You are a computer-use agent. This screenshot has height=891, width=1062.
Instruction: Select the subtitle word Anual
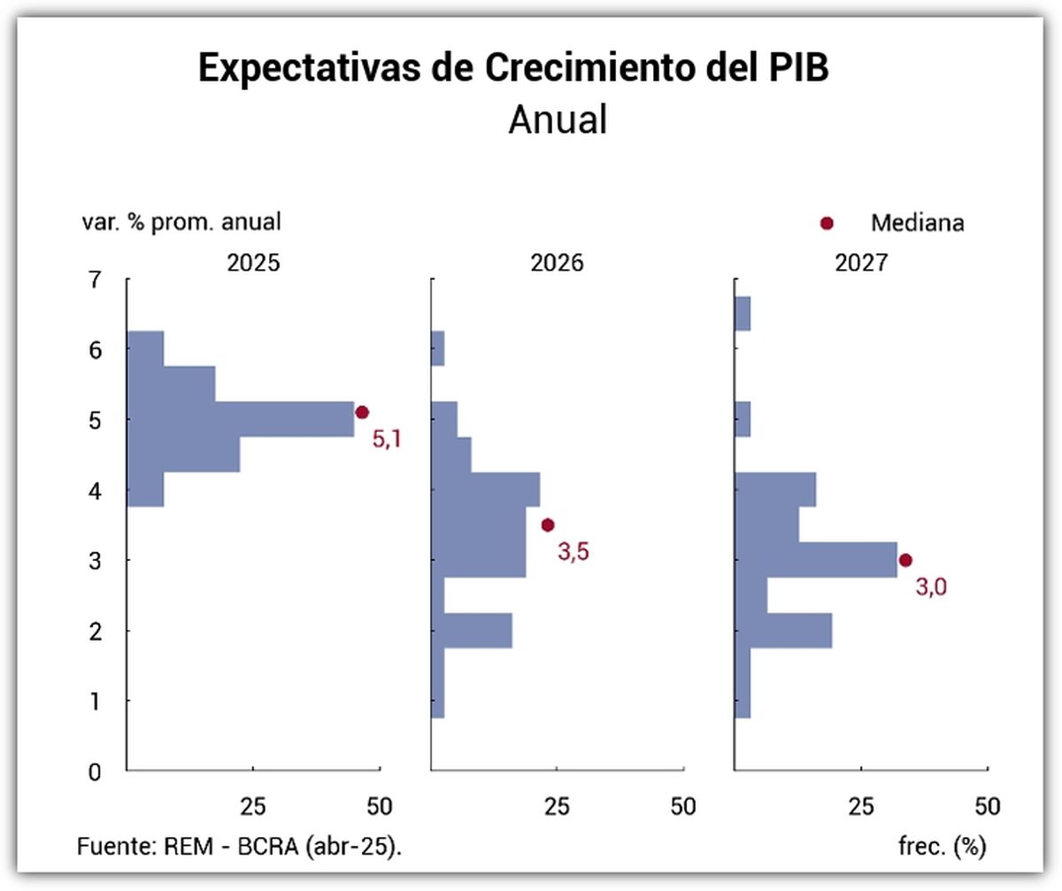pyautogui.click(x=558, y=119)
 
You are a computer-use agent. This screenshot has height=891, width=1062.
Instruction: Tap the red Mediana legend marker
pyautogui.click(x=827, y=223)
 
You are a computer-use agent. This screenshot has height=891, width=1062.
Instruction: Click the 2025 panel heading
pyautogui.click(x=254, y=264)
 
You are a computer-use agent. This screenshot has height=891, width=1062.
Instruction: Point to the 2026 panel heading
pyautogui.click(x=558, y=264)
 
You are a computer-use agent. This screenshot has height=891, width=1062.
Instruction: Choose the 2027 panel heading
pyautogui.click(x=861, y=264)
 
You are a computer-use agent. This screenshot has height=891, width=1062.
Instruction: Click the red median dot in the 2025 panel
pyautogui.click(x=361, y=412)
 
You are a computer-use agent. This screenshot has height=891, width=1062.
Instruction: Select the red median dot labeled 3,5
pyautogui.click(x=548, y=525)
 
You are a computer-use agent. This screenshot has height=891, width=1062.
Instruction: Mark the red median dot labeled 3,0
pyautogui.click(x=905, y=559)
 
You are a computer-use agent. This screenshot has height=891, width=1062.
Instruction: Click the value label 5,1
pyautogui.click(x=387, y=439)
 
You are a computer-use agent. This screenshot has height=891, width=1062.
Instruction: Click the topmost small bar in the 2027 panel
pyautogui.click(x=743, y=314)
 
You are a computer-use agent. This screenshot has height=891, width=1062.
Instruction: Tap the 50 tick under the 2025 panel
pyautogui.click(x=380, y=806)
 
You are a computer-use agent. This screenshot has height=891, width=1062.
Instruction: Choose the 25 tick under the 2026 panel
pyautogui.click(x=557, y=806)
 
